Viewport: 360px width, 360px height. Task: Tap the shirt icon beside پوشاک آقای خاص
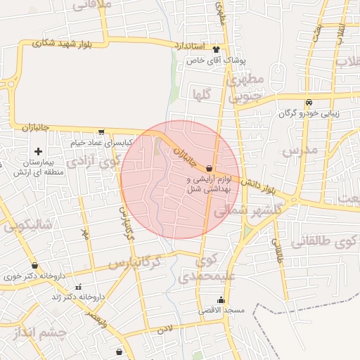point(215,50)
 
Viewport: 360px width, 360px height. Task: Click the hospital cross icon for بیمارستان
point(38,151)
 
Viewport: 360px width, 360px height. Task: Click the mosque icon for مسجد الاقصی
point(221,300)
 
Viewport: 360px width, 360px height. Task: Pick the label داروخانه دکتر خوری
point(34,276)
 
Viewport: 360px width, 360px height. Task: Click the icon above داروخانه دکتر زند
point(77,287)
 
